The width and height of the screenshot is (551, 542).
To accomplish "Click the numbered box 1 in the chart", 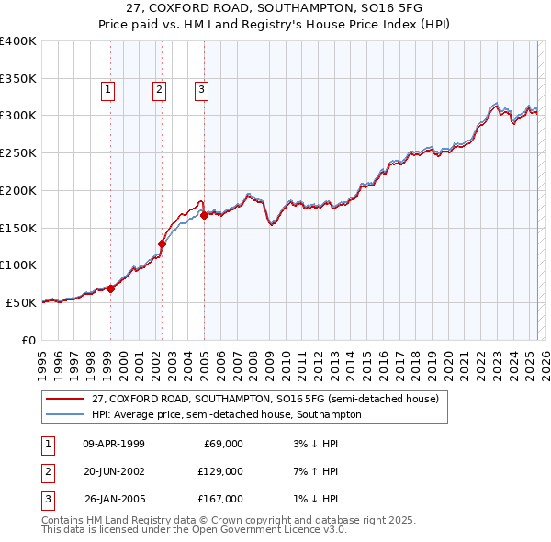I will [x=108, y=89].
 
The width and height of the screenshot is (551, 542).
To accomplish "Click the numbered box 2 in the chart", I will [x=159, y=89].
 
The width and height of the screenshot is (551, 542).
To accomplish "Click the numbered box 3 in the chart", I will [x=201, y=89].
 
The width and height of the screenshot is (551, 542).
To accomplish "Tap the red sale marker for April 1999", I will [x=111, y=288].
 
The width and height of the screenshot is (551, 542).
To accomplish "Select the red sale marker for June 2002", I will [x=163, y=243].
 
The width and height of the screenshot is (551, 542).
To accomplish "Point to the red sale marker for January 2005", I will [x=204, y=215].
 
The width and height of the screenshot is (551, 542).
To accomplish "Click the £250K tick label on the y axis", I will [x=18, y=152].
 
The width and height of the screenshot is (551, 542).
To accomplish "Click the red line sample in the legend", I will [x=65, y=399].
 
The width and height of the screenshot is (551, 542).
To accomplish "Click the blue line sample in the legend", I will [x=65, y=414].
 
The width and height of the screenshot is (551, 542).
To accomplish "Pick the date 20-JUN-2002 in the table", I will [x=114, y=471].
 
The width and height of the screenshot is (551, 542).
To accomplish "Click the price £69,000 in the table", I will [x=221, y=444].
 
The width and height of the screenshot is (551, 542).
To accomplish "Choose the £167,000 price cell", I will [x=221, y=499].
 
